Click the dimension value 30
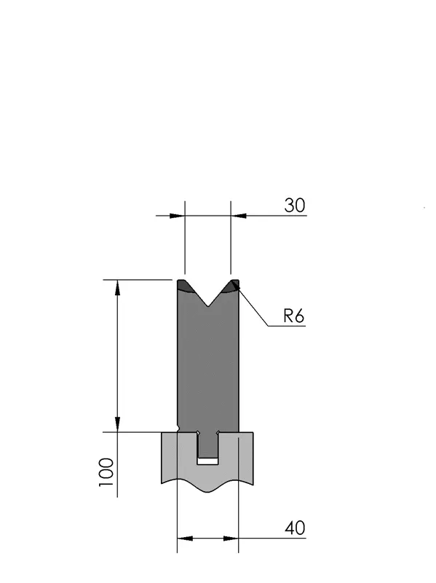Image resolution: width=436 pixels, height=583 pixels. [295, 206]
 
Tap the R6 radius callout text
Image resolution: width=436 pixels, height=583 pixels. [293, 316]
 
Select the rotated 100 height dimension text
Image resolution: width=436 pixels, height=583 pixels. [106, 472]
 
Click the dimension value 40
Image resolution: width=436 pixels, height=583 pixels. [295, 528]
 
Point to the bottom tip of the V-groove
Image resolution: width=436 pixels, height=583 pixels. [208, 306]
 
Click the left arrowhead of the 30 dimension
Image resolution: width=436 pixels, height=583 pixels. [177, 216]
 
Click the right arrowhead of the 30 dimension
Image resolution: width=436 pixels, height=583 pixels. [239, 216]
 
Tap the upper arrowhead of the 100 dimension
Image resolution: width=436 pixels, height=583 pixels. [117, 288]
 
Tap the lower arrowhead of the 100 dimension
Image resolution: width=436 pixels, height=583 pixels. [117, 424]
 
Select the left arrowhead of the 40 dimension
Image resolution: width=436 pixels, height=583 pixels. [185, 538]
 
